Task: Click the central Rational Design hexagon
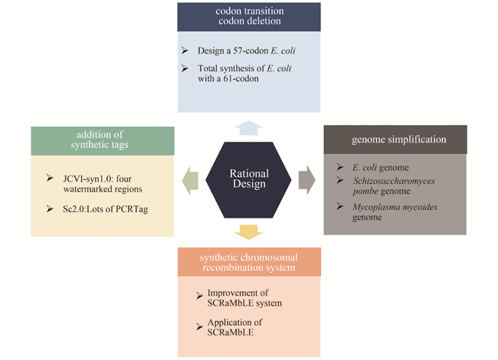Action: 249,179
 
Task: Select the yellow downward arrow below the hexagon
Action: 249,232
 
